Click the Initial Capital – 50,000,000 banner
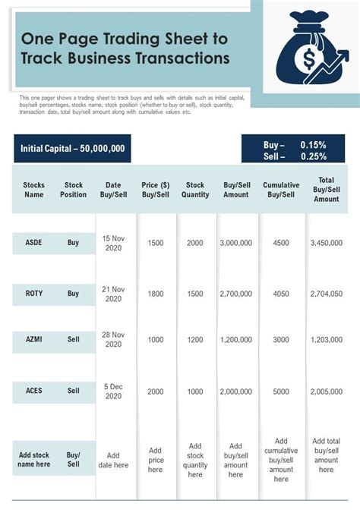[73, 149]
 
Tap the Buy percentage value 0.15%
[313, 144]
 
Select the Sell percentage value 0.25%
[313, 157]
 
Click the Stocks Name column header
[34, 190]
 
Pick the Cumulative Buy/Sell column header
[281, 190]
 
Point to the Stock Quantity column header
[195, 190]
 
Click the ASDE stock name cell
[33, 243]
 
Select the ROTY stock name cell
[33, 293]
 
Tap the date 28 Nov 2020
[113, 339]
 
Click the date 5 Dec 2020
[113, 391]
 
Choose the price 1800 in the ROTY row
[156, 293]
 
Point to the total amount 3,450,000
[327, 243]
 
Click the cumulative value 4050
[281, 293]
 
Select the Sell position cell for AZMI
[74, 339]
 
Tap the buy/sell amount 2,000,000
[235, 391]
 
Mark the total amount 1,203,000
[327, 339]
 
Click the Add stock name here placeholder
[33, 460]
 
